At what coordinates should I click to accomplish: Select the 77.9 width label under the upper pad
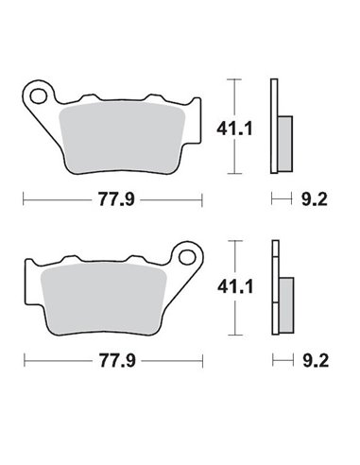point(113,199)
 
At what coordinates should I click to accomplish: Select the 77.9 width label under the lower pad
point(113,360)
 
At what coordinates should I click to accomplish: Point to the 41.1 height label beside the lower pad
point(250,284)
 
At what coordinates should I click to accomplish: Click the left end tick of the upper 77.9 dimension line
point(24,199)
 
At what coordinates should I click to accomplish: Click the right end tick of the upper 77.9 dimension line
point(202,199)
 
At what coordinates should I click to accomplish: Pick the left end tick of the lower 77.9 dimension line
point(24,360)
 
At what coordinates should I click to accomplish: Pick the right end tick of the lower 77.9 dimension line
point(202,360)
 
